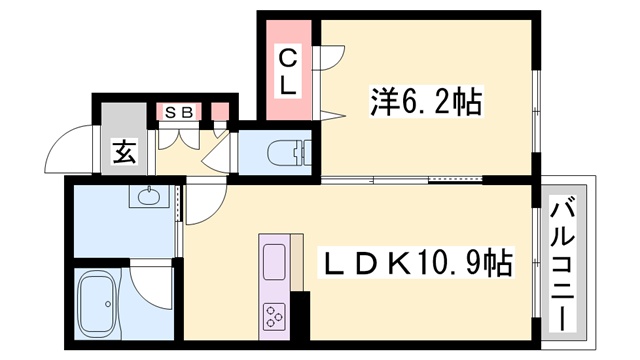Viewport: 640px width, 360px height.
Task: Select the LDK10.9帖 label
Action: pos(416,263)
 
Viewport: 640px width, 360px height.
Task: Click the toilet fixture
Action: pos(291,152)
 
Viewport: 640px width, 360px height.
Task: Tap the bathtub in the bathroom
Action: pos(99,304)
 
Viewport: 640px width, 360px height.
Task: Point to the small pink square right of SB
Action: pos(221,111)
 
